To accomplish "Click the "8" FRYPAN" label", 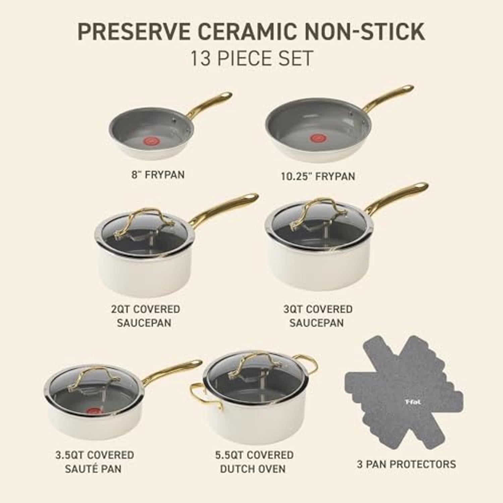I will [x=158, y=175].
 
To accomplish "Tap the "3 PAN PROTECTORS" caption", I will [x=406, y=464].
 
